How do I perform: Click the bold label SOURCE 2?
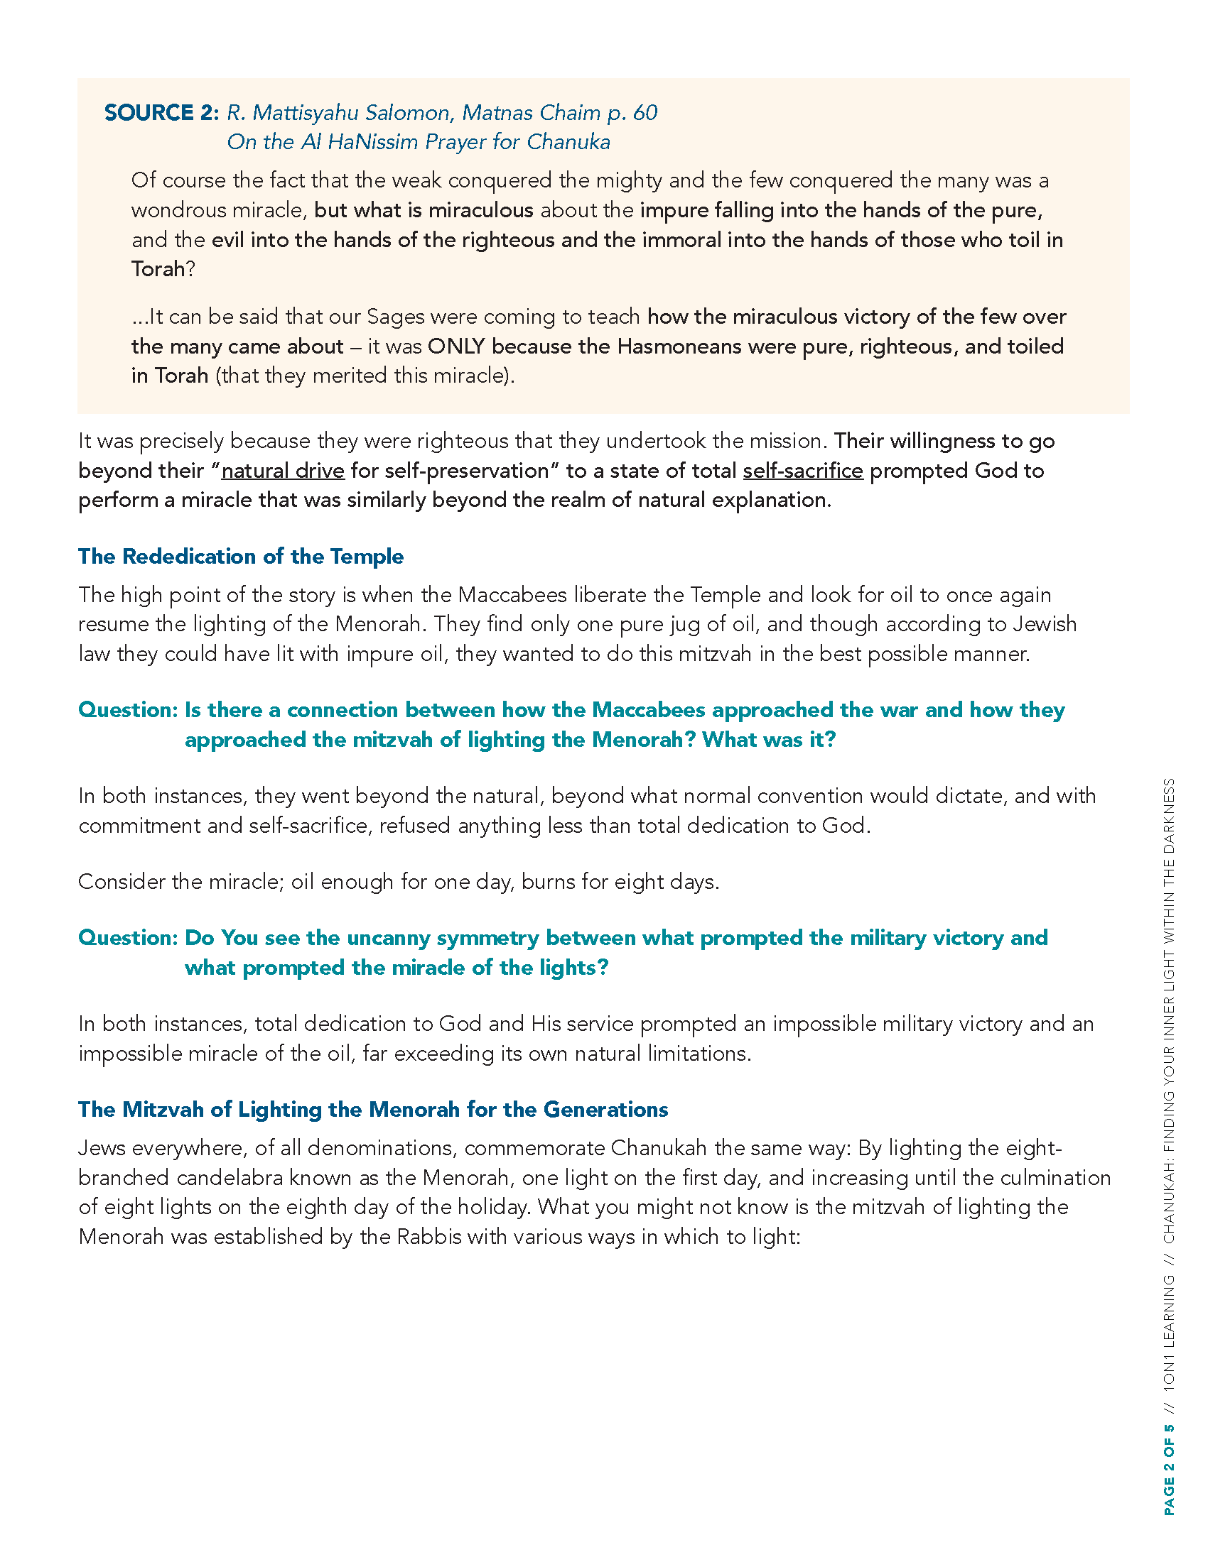click(161, 113)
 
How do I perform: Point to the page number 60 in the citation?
click(645, 113)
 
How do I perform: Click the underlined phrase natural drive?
click(283, 471)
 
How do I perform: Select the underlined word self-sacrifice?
click(802, 471)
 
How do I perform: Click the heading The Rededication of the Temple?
click(240, 557)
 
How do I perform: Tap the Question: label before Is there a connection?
click(127, 710)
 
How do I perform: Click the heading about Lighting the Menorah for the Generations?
click(373, 1109)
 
